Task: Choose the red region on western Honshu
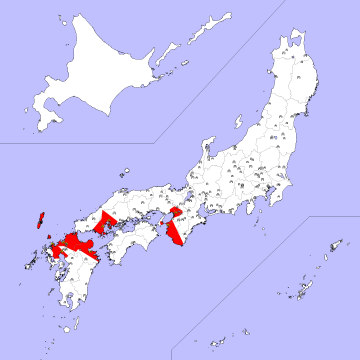[108, 222]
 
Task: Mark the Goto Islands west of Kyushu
[23, 262]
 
